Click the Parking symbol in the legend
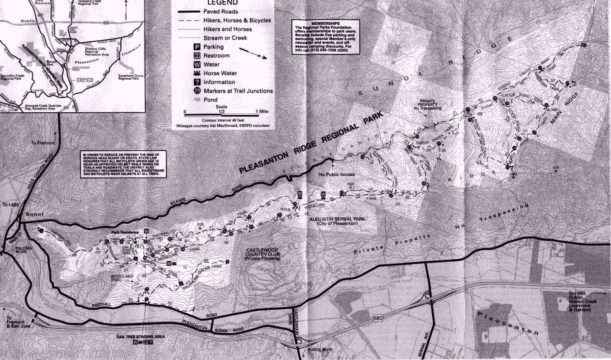pyautogui.click(x=197, y=47)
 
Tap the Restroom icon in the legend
pyautogui.click(x=197, y=56)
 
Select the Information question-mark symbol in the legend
pyautogui.click(x=197, y=82)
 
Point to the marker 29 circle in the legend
pyautogui.click(x=197, y=91)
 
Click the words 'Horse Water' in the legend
pyautogui.click(x=220, y=73)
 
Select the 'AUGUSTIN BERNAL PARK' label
pyautogui.click(x=334, y=219)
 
